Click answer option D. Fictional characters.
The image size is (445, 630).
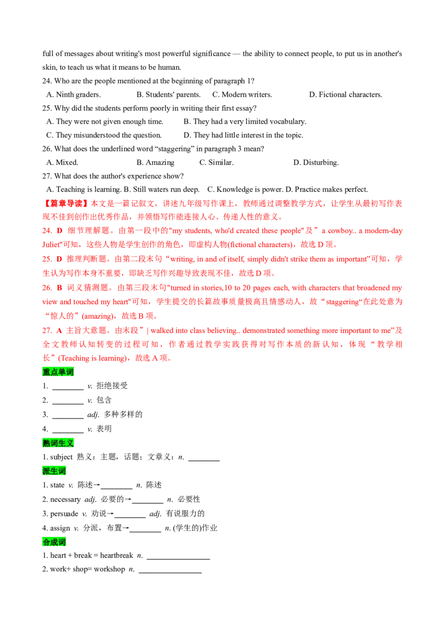[345, 95]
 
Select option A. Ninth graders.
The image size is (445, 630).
[73, 95]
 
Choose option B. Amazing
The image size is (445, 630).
[155, 163]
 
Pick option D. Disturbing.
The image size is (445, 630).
[316, 163]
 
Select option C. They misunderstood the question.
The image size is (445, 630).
[103, 135]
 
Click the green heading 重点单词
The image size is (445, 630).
[58, 372]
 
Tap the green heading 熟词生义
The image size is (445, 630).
[58, 443]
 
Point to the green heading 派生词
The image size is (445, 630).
[54, 471]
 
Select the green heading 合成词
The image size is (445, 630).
[54, 542]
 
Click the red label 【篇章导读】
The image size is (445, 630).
[66, 204]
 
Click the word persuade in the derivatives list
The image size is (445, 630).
[65, 514]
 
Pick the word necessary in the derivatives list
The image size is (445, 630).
[66, 500]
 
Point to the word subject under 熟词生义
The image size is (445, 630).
[61, 457]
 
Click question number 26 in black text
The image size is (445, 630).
[47, 149]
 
